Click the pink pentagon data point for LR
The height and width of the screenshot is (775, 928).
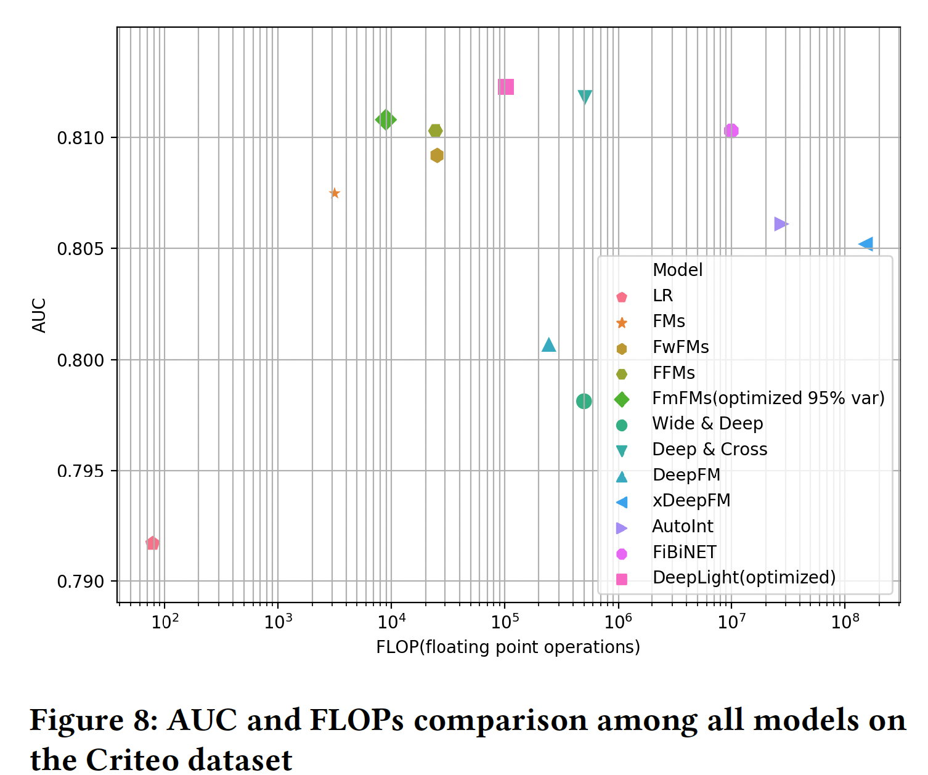click(152, 543)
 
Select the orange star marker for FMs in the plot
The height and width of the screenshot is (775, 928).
click(335, 193)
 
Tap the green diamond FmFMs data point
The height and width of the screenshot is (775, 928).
click(386, 120)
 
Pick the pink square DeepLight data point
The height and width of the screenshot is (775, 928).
click(506, 87)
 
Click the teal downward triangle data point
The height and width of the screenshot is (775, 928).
click(585, 97)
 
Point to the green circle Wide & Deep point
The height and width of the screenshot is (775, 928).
click(584, 401)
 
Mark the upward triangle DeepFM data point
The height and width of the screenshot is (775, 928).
click(548, 345)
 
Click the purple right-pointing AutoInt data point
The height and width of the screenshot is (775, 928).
click(780, 224)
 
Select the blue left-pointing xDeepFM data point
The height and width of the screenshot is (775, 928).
click(866, 244)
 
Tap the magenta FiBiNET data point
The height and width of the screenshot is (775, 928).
click(731, 131)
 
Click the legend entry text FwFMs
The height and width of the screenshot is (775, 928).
click(680, 347)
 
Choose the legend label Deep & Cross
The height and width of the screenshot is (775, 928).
click(709, 450)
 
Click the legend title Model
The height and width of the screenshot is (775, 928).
click(677, 270)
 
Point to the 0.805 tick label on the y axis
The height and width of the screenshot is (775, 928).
click(80, 249)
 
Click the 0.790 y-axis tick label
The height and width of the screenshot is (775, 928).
click(80, 582)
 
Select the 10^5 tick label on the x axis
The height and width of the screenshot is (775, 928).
click(505, 622)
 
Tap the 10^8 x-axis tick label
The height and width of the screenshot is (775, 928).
click(845, 622)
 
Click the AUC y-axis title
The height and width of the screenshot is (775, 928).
click(39, 315)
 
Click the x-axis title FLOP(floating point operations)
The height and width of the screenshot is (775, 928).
click(508, 647)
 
